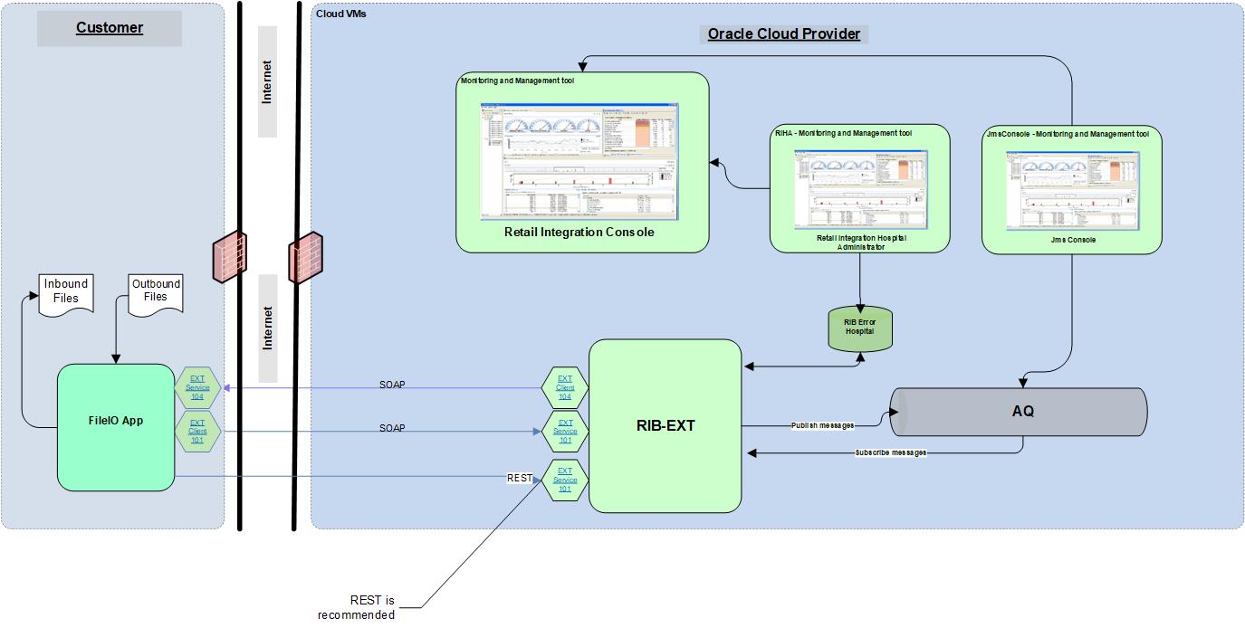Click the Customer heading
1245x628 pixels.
coord(110,28)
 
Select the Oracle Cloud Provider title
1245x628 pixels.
coord(783,34)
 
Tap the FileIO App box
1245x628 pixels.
coord(116,427)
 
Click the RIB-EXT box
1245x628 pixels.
coord(665,425)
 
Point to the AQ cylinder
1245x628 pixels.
coord(1021,412)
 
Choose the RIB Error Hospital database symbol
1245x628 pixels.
coord(859,328)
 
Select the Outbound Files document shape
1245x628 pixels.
coord(156,290)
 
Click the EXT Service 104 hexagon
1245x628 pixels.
coord(197,388)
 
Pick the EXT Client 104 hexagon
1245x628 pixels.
coord(565,388)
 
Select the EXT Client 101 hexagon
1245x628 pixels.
coord(197,432)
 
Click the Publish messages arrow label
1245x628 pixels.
coord(822,425)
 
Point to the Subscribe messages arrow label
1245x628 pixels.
coord(890,452)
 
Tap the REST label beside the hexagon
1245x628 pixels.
coord(519,478)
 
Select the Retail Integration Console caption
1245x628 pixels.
coord(579,233)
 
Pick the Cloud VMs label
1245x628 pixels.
coord(341,14)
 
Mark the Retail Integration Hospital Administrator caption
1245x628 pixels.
coord(859,242)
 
